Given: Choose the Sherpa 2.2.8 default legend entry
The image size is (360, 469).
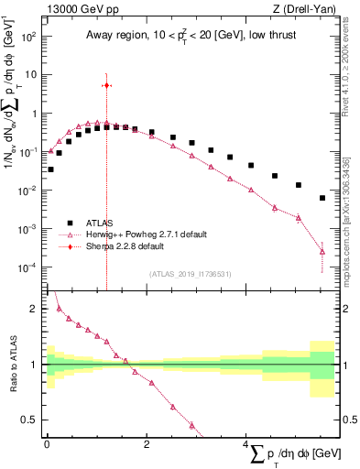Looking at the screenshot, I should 112,246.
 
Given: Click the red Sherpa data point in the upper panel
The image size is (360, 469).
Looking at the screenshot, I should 107,85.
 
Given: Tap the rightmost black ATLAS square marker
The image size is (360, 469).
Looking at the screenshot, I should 322,198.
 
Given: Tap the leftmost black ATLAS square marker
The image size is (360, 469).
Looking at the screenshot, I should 50,169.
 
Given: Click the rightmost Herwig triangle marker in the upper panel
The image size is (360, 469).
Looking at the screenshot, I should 322,251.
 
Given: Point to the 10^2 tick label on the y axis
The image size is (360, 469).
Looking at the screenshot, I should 27,38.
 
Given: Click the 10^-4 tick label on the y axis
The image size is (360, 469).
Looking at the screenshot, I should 27,267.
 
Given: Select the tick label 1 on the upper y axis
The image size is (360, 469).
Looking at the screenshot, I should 34,115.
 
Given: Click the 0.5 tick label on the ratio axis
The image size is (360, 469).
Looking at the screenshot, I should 29,420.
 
